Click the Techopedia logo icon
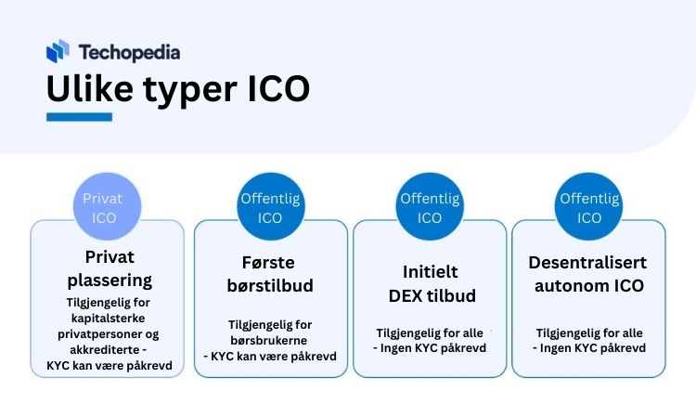click(x=58, y=51)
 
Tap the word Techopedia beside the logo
click(x=130, y=52)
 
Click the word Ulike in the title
click(x=90, y=88)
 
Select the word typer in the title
click(x=190, y=91)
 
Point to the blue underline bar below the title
click(x=80, y=117)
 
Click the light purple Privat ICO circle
click(x=107, y=206)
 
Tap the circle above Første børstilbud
click(x=271, y=206)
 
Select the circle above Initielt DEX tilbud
click(x=430, y=206)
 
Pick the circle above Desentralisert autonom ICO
click(x=588, y=206)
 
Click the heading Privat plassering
click(x=110, y=268)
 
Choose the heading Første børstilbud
click(x=270, y=274)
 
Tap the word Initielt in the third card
click(x=430, y=272)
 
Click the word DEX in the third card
click(x=406, y=295)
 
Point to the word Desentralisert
click(x=587, y=263)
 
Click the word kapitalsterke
click(x=109, y=319)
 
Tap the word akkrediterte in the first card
click(x=105, y=350)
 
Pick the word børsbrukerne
click(x=269, y=341)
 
